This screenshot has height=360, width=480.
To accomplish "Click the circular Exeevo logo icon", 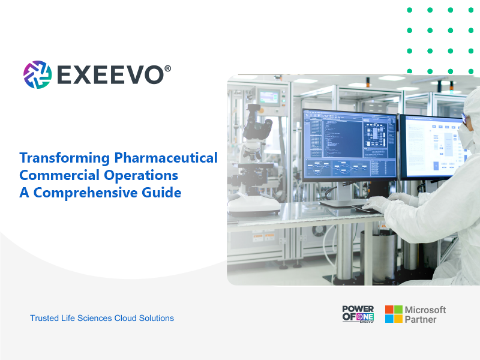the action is point(37,74).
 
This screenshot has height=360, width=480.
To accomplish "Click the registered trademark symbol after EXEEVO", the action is point(167,68).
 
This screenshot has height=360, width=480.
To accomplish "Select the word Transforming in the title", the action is point(65,158).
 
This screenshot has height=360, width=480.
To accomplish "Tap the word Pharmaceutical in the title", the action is point(166,158).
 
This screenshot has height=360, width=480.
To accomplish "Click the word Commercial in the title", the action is point(59,175).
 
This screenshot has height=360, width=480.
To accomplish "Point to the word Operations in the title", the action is point(141,176).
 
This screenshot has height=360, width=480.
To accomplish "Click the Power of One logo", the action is point(358,314).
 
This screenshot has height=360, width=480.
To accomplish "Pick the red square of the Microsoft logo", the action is point(389,310).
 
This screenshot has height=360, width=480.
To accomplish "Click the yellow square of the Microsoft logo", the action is point(398,319).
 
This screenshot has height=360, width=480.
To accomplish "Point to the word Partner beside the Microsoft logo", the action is point(421,320).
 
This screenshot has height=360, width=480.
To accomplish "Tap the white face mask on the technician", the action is point(466,136).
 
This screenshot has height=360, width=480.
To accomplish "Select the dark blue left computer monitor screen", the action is point(350,144).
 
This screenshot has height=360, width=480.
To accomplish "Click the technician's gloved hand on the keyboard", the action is point(376,203).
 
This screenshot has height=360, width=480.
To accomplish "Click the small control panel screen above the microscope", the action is point(269,97).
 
